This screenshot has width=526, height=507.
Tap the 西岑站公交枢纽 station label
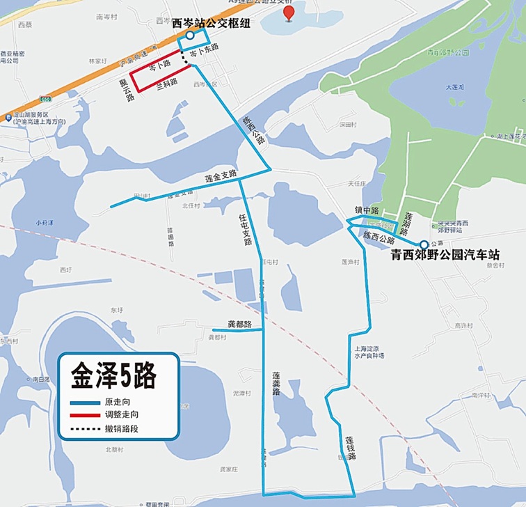click(210, 24)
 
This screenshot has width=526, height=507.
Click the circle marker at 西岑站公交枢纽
click(189, 35)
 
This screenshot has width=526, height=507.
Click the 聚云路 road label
click(126, 91)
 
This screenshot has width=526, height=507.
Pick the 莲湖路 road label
click(410, 223)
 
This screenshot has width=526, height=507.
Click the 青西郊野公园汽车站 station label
click(445, 255)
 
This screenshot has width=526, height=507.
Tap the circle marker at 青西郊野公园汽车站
click(424, 244)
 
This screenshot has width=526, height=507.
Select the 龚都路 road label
click(239, 325)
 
